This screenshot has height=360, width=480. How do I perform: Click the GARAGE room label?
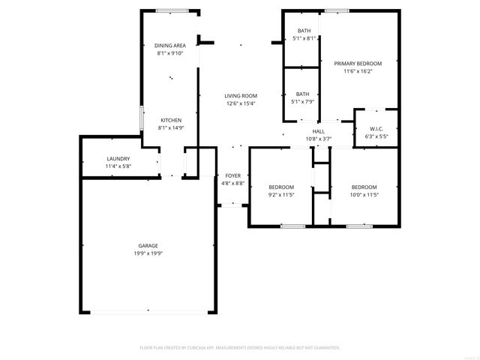(148, 245)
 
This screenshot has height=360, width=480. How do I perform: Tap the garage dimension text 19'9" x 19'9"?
(148, 253)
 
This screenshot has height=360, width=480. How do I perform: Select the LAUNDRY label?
(118, 158)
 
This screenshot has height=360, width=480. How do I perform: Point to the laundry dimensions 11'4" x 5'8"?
(118, 166)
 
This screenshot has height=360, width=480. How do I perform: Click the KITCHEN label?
(171, 120)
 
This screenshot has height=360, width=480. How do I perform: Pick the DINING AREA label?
(170, 46)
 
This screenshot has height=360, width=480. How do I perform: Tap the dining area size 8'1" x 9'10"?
(170, 54)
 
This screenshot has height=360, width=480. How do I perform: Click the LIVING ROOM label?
(241, 95)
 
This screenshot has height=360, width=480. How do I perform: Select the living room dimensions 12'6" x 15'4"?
(241, 103)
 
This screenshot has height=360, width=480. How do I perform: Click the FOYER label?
(233, 175)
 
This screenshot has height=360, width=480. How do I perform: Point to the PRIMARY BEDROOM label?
(358, 64)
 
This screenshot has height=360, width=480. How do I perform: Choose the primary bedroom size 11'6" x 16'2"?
(358, 72)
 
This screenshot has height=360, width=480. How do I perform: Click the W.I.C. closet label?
(376, 128)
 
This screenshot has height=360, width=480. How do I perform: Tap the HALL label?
(319, 131)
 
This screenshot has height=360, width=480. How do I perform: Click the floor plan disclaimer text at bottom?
(240, 348)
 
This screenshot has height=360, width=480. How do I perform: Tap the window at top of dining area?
(172, 10)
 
